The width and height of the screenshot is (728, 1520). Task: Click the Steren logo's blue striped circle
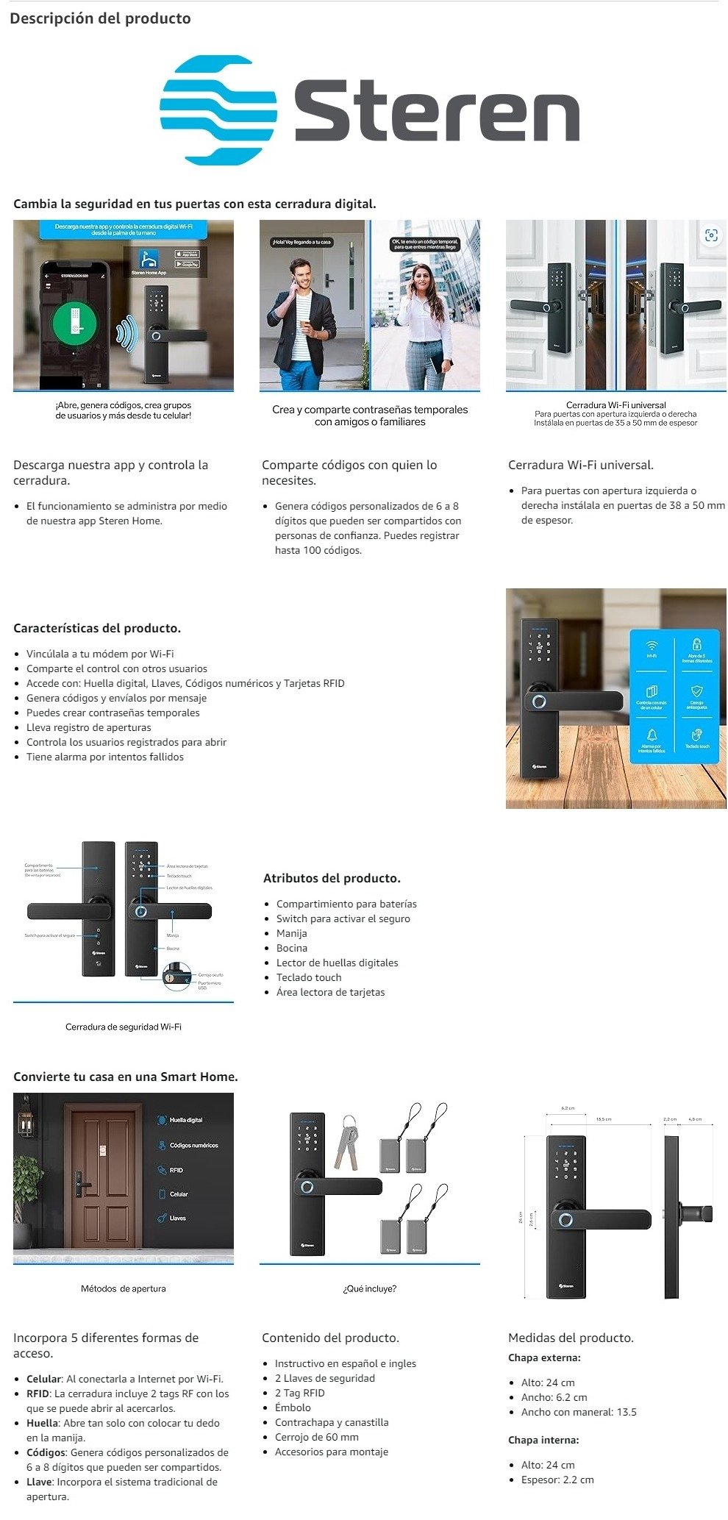[218, 110]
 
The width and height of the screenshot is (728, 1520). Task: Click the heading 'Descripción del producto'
[100, 18]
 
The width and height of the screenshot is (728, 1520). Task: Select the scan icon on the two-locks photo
[710, 235]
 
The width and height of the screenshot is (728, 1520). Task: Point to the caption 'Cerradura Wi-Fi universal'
[615, 404]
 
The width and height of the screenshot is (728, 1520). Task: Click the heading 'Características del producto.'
[97, 628]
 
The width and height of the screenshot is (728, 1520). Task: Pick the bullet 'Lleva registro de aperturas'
[88, 727]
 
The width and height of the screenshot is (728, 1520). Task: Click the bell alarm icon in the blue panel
[652, 735]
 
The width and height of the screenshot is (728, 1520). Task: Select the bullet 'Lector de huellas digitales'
[337, 963]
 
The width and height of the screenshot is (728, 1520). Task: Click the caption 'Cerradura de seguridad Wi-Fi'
[123, 1027]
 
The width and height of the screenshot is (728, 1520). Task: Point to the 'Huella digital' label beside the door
[185, 1120]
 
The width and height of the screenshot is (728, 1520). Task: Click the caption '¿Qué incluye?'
[369, 1288]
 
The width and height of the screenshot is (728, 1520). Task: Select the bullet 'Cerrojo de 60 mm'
[316, 1437]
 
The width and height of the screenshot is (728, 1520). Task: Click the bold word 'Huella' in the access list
[42, 1423]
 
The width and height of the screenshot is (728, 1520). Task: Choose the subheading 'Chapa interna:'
[543, 1440]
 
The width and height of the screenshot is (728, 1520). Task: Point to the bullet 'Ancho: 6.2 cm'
[554, 1397]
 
